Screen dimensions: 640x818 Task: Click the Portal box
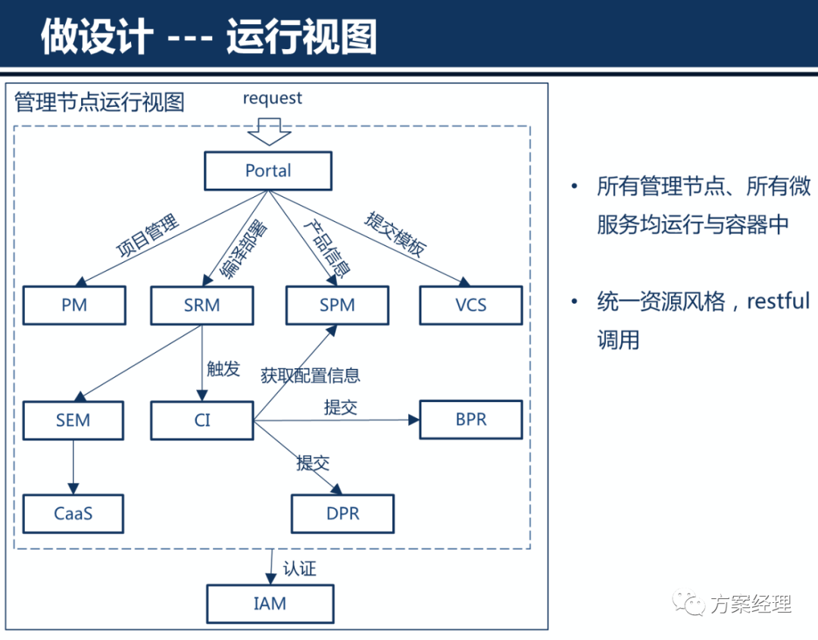click(x=268, y=171)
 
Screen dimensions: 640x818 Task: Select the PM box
click(x=74, y=305)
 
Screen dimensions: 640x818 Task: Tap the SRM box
click(x=201, y=305)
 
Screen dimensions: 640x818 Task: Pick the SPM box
click(x=337, y=305)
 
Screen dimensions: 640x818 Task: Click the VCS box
click(x=471, y=305)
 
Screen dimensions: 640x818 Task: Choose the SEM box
click(x=73, y=420)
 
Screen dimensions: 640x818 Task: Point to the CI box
click(x=201, y=420)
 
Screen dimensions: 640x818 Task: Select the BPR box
click(x=471, y=420)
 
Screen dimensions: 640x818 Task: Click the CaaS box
click(x=73, y=514)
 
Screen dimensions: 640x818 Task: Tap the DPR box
click(x=342, y=514)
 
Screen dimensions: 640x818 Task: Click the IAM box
click(x=270, y=604)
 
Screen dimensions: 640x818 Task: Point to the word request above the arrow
click(x=272, y=98)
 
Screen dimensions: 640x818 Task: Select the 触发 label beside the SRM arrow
click(x=223, y=369)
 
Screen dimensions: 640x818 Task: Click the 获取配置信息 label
click(x=310, y=375)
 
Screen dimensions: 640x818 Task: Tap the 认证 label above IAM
click(x=299, y=568)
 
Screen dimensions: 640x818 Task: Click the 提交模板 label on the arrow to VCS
click(x=396, y=234)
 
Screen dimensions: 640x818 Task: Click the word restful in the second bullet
click(x=778, y=301)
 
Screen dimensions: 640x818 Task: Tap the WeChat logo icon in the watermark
click(x=689, y=604)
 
